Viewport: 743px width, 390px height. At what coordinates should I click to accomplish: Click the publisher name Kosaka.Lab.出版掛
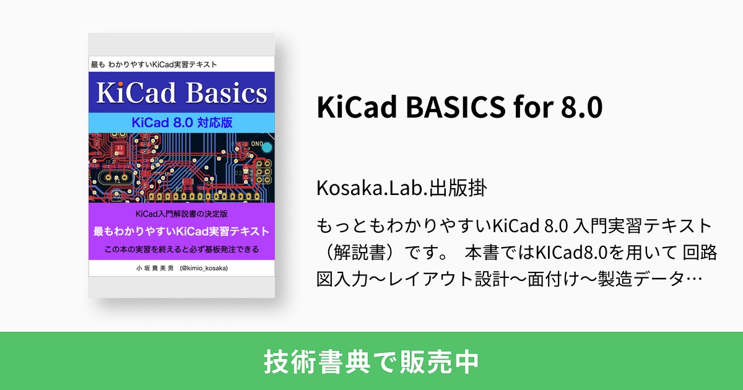click(x=401, y=188)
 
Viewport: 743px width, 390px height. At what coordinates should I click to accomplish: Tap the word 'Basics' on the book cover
click(x=224, y=94)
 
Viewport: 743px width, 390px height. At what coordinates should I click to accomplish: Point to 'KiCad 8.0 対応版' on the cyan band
click(x=181, y=122)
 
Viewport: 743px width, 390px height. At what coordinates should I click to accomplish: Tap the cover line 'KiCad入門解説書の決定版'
click(x=181, y=214)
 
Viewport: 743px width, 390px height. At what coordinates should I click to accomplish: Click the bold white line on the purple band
click(x=181, y=232)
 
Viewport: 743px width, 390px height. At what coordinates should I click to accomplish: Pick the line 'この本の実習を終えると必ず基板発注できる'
click(x=181, y=249)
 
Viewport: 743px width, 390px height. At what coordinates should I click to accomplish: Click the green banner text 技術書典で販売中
click(x=371, y=362)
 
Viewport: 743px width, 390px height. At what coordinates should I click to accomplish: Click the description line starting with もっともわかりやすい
click(x=515, y=225)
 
